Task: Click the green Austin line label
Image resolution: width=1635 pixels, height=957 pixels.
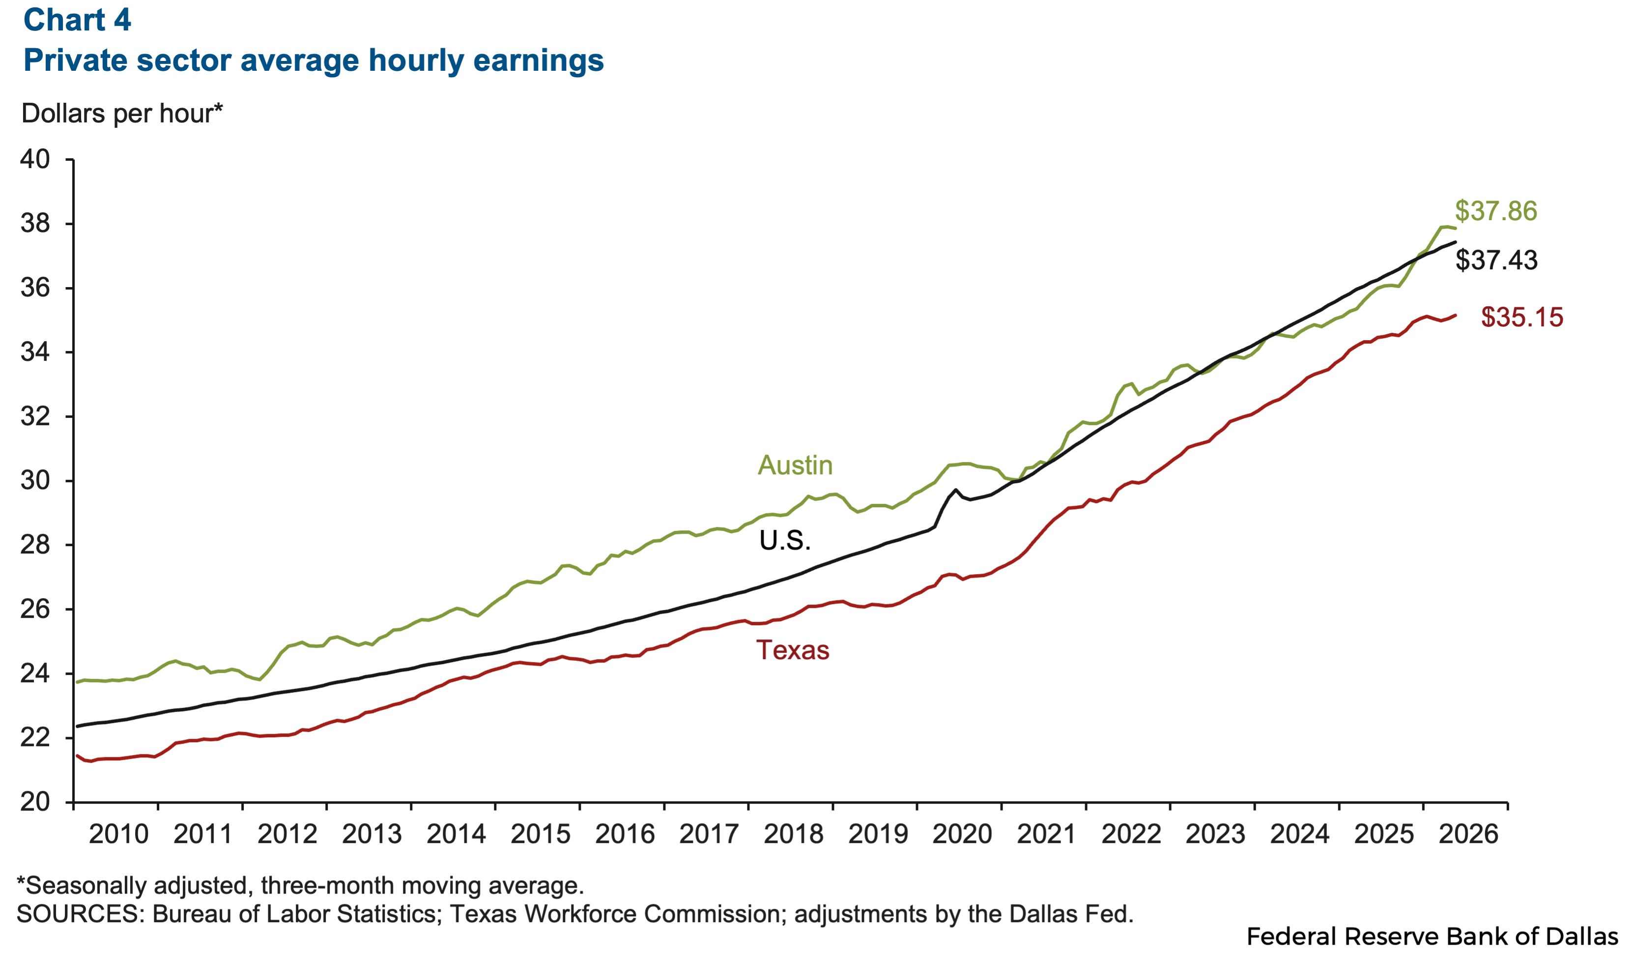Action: pos(795,465)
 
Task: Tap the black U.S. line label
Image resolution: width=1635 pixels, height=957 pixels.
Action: pos(785,541)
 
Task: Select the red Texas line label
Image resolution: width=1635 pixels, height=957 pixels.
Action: pos(793,650)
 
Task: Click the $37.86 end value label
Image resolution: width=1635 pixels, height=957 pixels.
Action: pos(1496,211)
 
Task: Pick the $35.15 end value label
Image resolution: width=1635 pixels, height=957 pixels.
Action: pos(1522,317)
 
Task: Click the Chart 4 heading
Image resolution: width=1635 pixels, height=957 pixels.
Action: pos(77,20)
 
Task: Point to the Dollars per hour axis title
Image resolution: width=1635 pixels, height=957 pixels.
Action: pos(122,114)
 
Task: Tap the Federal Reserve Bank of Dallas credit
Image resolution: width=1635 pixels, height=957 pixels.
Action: pos(1432,936)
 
